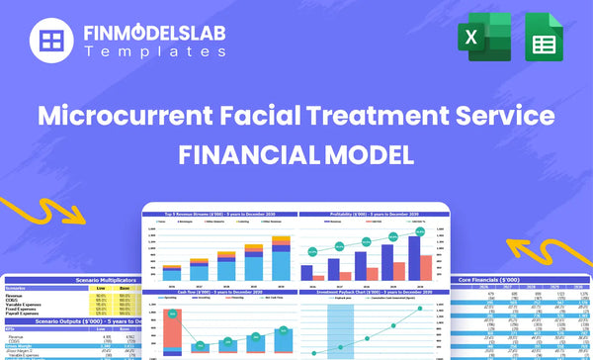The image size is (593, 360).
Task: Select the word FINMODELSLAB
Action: click(x=154, y=35)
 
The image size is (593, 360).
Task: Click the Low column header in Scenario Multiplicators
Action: click(x=100, y=288)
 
